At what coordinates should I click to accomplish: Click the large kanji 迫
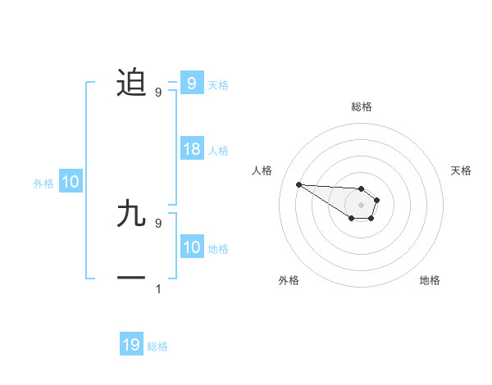[131, 82]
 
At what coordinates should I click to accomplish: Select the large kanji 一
[131, 279]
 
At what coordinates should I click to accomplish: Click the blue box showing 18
[192, 149]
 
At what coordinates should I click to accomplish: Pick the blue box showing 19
[131, 345]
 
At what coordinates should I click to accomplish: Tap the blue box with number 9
[191, 83]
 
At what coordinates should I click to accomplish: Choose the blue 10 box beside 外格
[70, 182]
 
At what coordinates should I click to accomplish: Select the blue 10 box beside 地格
[192, 247]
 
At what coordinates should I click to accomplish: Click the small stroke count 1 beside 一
[158, 288]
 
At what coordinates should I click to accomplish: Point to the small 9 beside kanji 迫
[158, 92]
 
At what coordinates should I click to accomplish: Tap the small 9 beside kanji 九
[158, 223]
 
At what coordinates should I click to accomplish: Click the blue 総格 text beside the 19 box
[157, 346]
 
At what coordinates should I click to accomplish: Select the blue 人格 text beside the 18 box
[218, 151]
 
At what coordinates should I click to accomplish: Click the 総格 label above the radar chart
[362, 106]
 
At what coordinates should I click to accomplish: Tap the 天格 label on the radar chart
[462, 170]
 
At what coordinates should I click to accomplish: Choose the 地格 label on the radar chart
[430, 280]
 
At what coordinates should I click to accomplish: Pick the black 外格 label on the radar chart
[289, 280]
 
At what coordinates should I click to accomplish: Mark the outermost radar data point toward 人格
[298, 184]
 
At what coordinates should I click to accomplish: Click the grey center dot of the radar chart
[362, 205]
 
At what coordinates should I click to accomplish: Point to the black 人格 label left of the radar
[262, 170]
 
